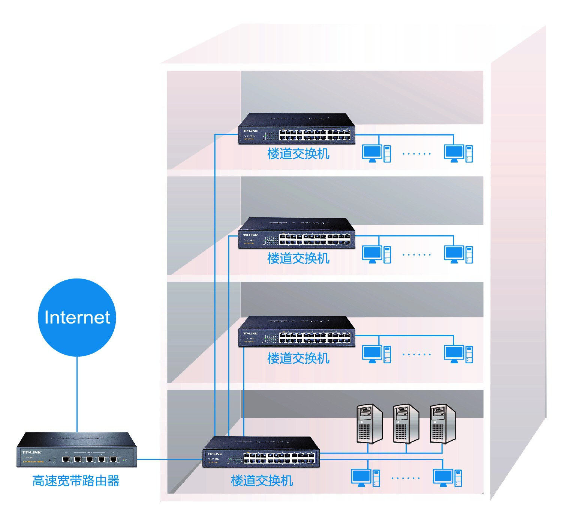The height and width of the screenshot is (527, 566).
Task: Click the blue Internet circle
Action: coord(77,317)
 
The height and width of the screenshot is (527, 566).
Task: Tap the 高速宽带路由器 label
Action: coord(76,481)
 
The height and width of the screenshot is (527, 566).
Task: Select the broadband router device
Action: coord(77,450)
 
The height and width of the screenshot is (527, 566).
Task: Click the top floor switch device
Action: coord(296,129)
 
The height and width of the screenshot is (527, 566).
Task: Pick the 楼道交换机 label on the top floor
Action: coord(298,154)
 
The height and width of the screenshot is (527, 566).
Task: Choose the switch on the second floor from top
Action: coord(296,233)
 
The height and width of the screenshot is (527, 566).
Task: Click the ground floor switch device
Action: coord(261,452)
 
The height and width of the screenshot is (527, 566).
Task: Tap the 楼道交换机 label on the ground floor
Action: coord(262,481)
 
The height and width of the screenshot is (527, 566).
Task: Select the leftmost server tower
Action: coord(369,424)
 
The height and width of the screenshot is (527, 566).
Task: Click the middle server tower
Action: coord(406,424)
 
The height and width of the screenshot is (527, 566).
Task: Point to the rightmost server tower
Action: coord(443,424)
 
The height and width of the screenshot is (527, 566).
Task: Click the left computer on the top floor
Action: coord(376,154)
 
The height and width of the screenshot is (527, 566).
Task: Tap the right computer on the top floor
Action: coord(458,154)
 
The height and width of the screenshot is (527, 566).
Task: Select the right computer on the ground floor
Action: coord(447,478)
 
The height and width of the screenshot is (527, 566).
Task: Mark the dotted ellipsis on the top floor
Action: coord(416,154)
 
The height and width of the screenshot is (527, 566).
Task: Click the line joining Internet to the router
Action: coord(77,394)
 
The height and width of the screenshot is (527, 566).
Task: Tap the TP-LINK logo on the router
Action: coord(32,452)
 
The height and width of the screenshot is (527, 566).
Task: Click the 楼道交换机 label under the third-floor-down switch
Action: coord(298,358)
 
